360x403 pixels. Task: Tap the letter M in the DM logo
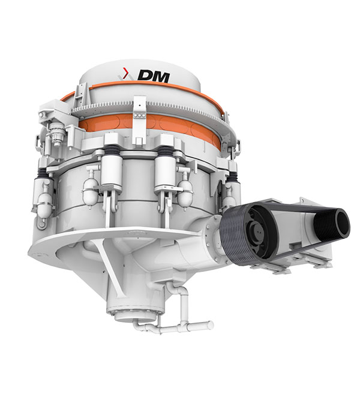click(162, 77)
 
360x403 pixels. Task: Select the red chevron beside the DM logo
click(125, 73)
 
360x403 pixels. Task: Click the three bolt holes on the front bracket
click(140, 116)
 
